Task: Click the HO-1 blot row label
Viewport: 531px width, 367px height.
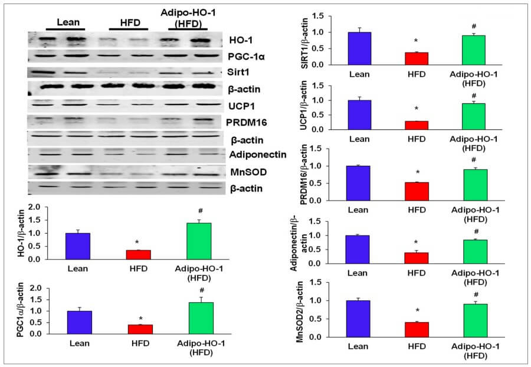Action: (x=241, y=40)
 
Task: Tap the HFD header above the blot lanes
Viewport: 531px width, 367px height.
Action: (x=127, y=22)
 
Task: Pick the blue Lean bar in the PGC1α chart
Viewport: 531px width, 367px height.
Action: (x=79, y=322)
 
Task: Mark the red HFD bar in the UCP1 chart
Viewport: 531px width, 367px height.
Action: (x=417, y=125)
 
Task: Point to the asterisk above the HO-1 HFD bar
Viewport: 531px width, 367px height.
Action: (x=136, y=243)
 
